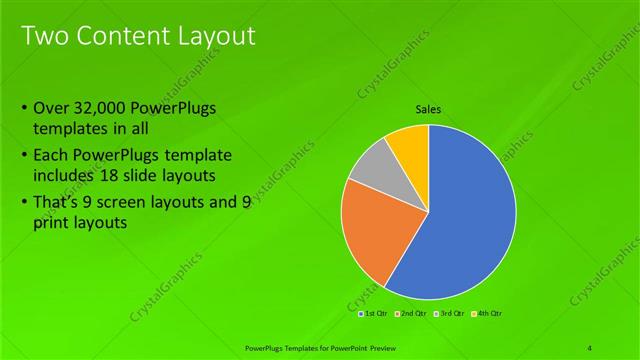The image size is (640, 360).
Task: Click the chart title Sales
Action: tap(428, 110)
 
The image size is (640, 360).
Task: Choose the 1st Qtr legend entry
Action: tap(373, 313)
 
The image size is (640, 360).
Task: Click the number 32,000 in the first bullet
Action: tap(108, 108)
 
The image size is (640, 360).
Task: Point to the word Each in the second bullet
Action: tap(51, 157)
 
